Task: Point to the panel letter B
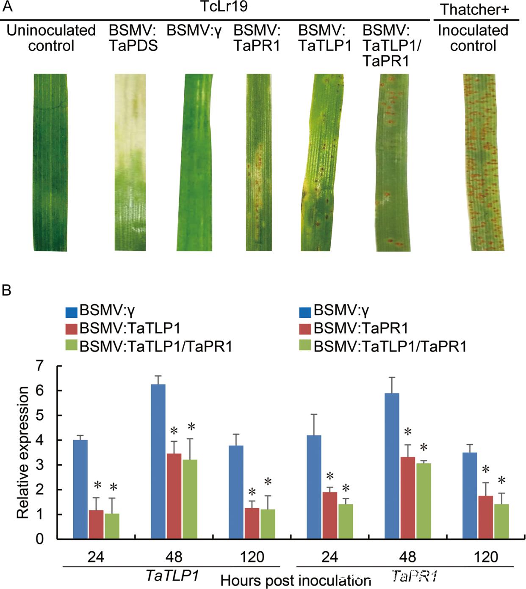tap(6, 291)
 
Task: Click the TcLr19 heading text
tap(224, 7)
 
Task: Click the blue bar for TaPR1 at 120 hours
tap(470, 495)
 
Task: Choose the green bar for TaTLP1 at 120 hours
tap(268, 524)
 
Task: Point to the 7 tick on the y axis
tap(40, 366)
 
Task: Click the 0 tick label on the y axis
tap(40, 539)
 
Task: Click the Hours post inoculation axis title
tap(296, 580)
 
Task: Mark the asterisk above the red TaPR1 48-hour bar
tap(408, 432)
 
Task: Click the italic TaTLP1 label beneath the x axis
tap(172, 575)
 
